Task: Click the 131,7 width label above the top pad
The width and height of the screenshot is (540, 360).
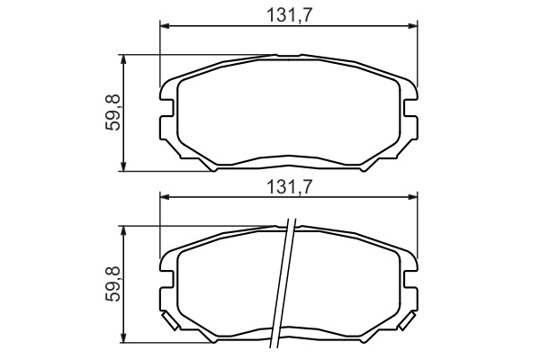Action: pyautogui.click(x=289, y=15)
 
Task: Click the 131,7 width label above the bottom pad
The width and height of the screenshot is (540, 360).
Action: pyautogui.click(x=289, y=187)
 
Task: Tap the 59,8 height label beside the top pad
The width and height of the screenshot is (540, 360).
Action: pyautogui.click(x=113, y=112)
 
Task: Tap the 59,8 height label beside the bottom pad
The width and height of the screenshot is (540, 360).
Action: pyautogui.click(x=113, y=283)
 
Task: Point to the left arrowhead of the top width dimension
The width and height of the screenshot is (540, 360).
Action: pyautogui.click(x=166, y=26)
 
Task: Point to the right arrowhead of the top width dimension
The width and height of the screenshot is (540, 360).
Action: pyautogui.click(x=412, y=26)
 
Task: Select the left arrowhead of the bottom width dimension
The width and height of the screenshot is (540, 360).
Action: pyautogui.click(x=166, y=197)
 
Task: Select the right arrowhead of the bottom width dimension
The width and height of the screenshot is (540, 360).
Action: pyautogui.click(x=412, y=197)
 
